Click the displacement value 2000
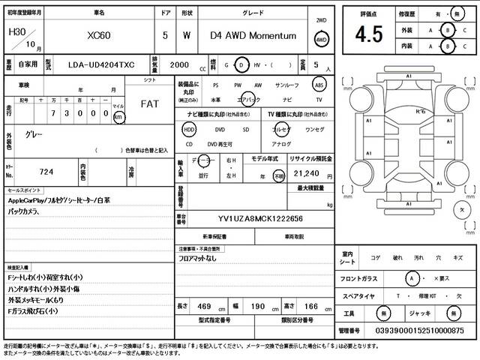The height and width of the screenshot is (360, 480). click(179, 66)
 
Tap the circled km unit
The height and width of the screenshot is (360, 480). click(118, 117)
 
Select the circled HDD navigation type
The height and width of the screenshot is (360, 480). click(189, 129)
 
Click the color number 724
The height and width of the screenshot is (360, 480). click(46, 172)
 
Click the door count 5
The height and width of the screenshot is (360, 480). click(165, 35)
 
